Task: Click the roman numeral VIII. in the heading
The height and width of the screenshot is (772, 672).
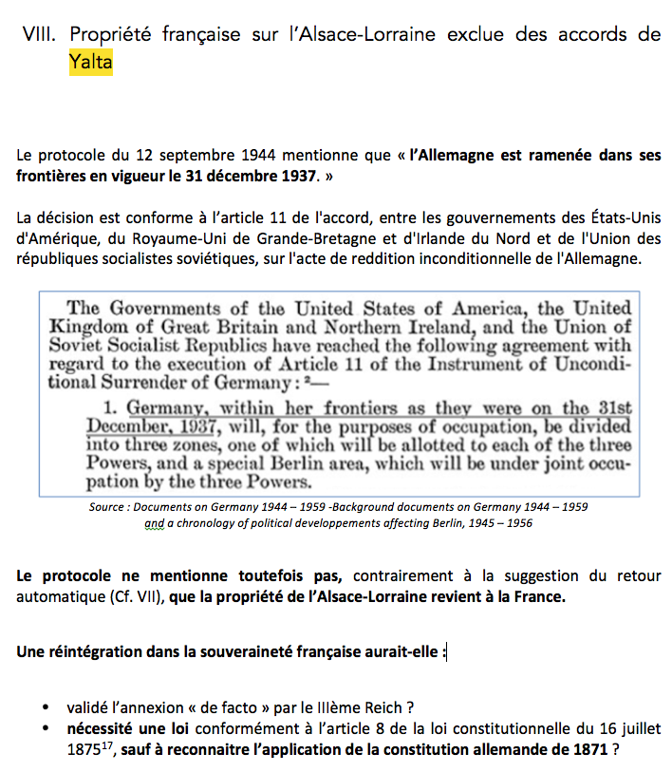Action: click(44, 35)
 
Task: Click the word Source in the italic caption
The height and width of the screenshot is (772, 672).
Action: click(106, 506)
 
